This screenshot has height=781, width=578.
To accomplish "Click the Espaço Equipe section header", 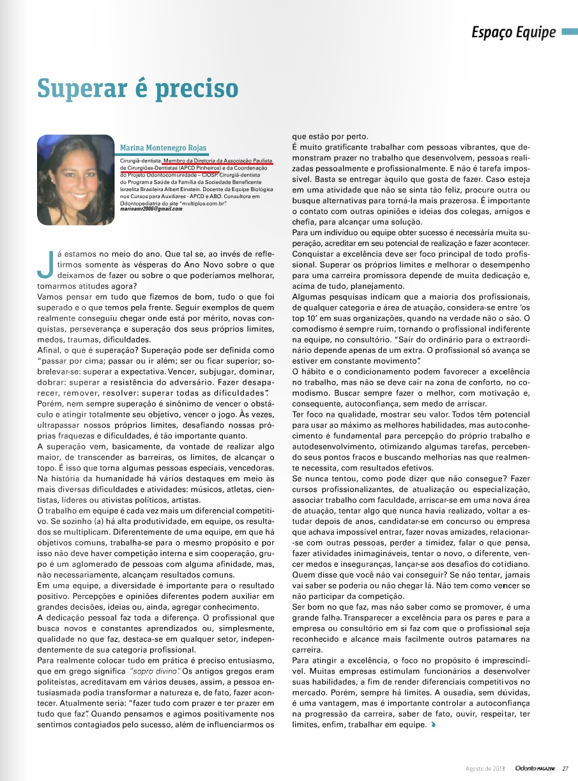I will [513, 33].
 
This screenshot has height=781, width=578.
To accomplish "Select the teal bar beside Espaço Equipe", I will [569, 32].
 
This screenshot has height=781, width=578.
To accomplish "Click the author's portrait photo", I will [76, 180].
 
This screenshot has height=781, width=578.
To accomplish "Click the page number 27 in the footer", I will [565, 768].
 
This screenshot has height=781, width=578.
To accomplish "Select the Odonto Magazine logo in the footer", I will [535, 768].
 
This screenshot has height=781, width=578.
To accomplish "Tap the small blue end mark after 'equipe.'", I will [434, 725].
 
